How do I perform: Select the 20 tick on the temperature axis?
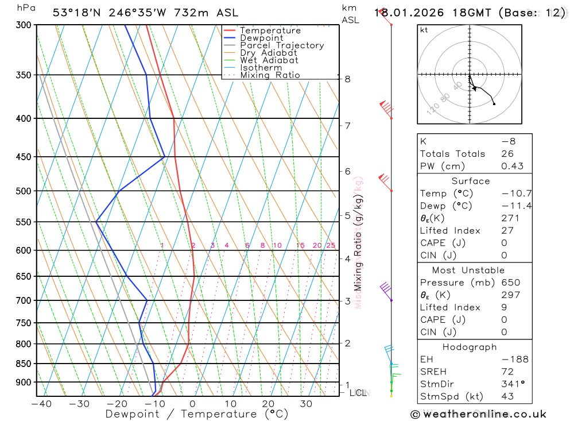(x=268, y=404)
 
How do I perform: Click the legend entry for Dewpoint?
(x=261, y=38)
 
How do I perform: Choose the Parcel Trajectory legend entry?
(x=282, y=45)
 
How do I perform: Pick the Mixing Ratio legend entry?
(x=270, y=75)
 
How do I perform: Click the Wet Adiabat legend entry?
(x=269, y=60)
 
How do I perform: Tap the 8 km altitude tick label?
(x=348, y=79)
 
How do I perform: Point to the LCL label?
(x=358, y=393)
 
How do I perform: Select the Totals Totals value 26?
(x=507, y=154)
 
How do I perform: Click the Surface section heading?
(x=471, y=181)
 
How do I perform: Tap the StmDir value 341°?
(x=510, y=384)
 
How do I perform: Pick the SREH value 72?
(x=507, y=372)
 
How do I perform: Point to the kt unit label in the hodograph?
(x=424, y=30)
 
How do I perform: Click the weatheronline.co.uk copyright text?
(x=478, y=414)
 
